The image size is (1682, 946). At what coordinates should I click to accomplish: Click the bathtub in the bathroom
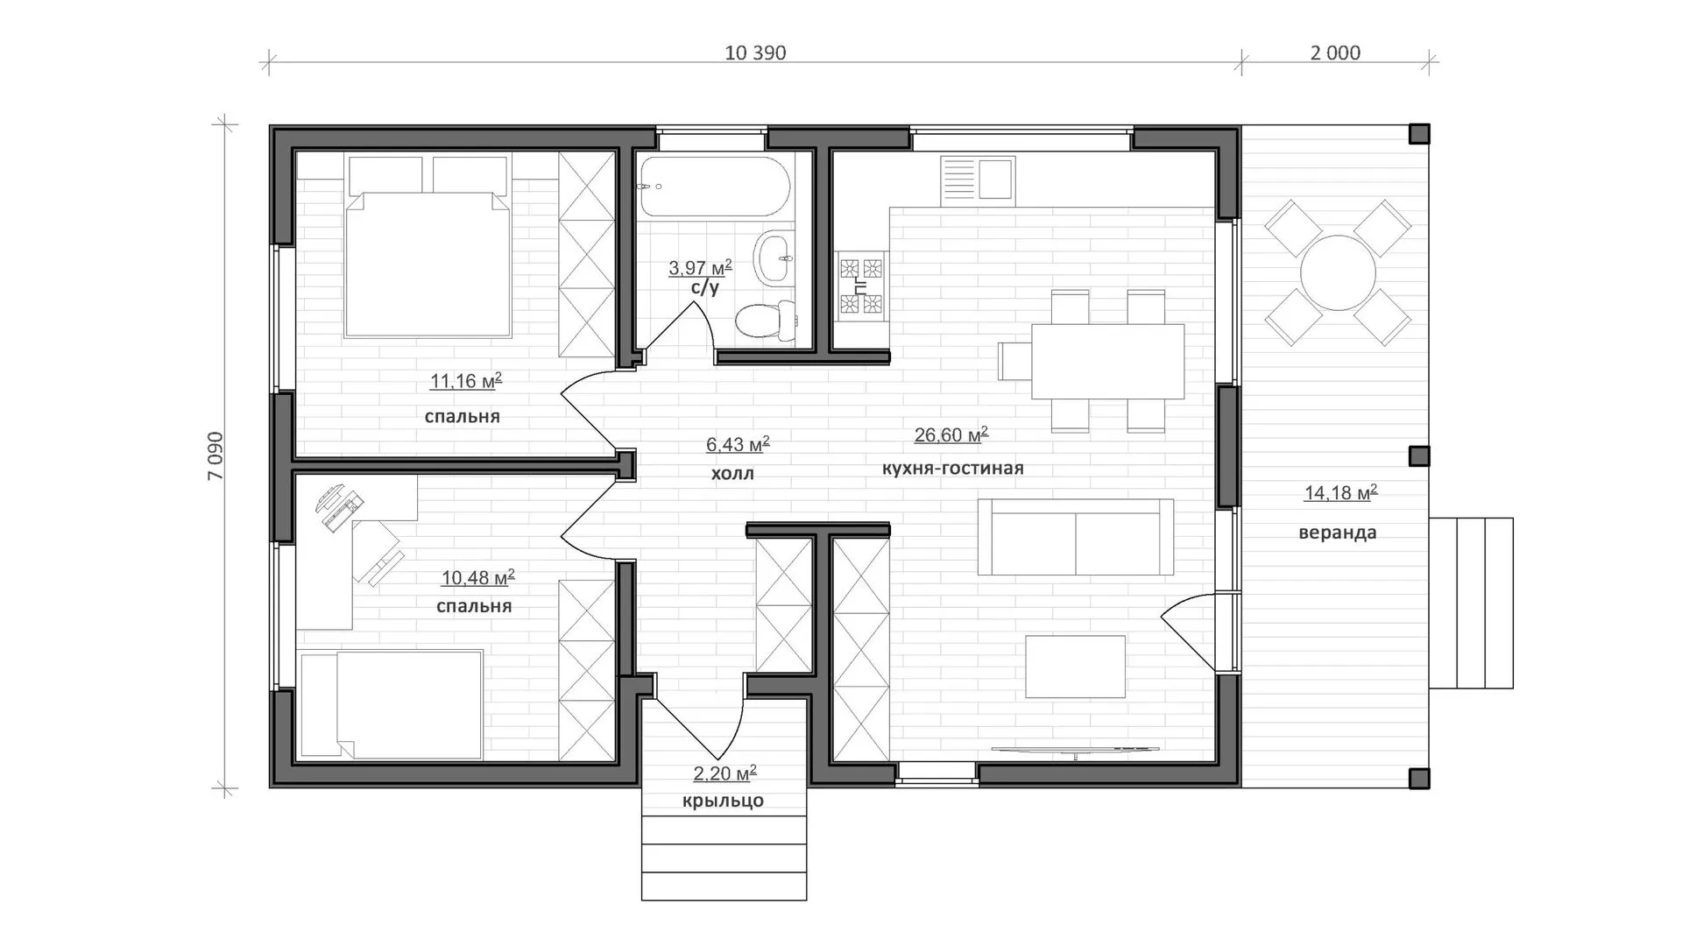[x=715, y=187]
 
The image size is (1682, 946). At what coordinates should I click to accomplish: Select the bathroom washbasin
[x=775, y=258]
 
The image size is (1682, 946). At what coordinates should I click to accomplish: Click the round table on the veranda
[x=1338, y=272]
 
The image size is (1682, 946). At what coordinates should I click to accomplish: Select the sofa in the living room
[x=1076, y=537]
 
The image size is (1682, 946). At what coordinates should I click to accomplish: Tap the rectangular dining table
[x=1108, y=361]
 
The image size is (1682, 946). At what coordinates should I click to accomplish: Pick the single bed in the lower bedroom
[x=392, y=704]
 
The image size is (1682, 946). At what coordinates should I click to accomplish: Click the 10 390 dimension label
[x=755, y=53]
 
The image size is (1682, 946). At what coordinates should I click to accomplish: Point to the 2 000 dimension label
[x=1335, y=53]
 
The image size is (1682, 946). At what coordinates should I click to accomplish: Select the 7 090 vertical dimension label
[x=216, y=456]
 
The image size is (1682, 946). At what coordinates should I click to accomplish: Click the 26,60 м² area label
[x=951, y=434]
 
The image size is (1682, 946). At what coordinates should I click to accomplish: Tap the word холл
[x=732, y=474]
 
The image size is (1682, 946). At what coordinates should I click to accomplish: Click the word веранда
[x=1338, y=533]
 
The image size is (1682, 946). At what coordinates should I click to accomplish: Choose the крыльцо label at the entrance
[x=723, y=801]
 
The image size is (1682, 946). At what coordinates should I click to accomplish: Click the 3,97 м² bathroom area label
[x=700, y=267]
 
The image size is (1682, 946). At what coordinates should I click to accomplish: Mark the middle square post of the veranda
[x=1419, y=456]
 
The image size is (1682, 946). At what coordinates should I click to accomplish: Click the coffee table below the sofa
[x=1076, y=667]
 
